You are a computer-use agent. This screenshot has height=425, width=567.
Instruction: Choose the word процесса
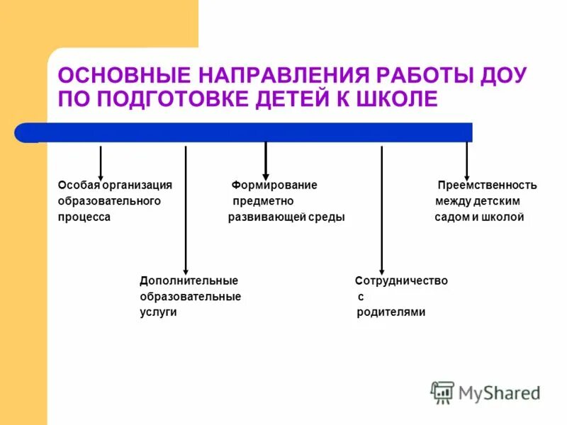tap(84, 217)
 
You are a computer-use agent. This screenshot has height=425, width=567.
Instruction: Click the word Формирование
tap(274, 185)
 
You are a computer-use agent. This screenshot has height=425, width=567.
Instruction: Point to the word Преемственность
tap(487, 185)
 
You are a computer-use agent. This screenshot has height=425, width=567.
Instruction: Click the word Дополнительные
tap(189, 280)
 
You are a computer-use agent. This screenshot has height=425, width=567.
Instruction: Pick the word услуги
tap(158, 312)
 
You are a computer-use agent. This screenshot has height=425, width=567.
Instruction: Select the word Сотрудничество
tap(401, 280)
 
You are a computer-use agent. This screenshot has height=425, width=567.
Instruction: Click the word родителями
tap(391, 312)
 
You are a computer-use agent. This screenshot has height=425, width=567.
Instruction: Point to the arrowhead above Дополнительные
tap(186, 269)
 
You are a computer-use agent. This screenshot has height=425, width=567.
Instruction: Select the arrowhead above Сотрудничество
tap(382, 269)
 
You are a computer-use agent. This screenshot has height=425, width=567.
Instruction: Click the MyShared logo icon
tap(442, 392)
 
